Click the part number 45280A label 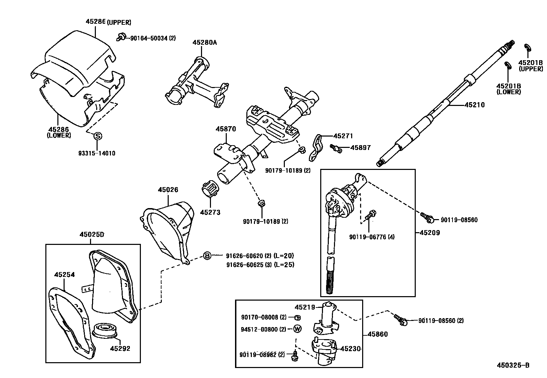coord(204,43)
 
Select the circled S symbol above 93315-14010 coord(98,136)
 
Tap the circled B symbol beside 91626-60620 coord(207,256)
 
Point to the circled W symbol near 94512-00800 coord(298,329)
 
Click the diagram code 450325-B coord(513,365)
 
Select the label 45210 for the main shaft coord(475,105)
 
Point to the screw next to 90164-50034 coord(121,36)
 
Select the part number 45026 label coord(168,190)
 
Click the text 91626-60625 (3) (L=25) coord(260,265)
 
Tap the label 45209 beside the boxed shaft coord(429,233)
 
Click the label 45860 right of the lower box coord(377,334)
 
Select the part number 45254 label coord(64,274)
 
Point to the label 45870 coord(226,129)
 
